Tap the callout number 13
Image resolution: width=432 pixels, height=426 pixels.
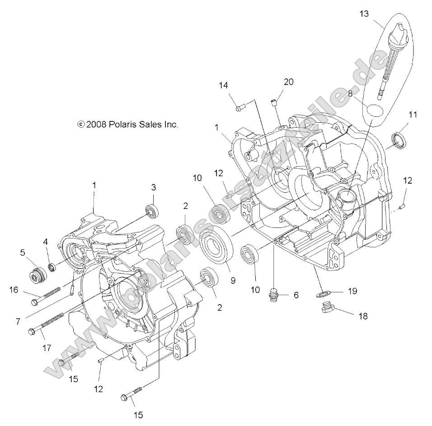coord(364,14)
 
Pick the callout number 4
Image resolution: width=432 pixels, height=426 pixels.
coord(46,242)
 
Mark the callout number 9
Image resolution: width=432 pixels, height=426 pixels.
coord(233,280)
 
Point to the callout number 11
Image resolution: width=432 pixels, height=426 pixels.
coord(413,114)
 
